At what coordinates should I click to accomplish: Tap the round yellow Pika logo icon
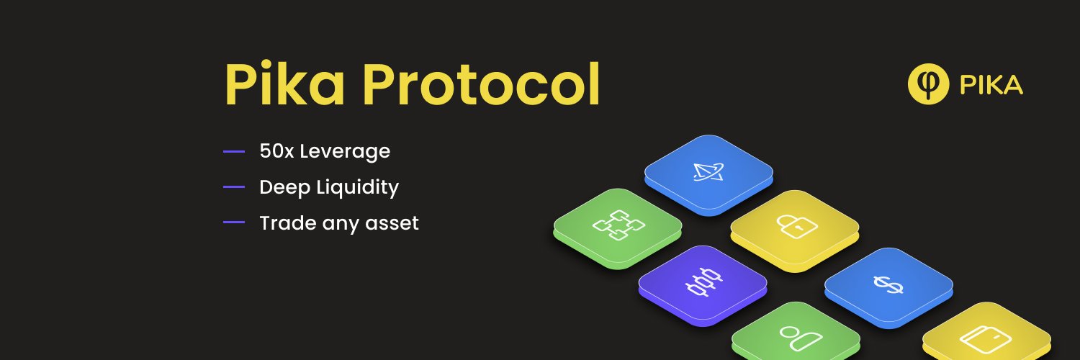928,84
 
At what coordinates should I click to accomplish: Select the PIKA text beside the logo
991,85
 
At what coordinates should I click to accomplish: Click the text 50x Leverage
325,151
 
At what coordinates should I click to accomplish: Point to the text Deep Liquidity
329,187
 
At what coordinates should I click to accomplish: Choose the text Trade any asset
339,223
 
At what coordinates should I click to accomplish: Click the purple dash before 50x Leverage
234,151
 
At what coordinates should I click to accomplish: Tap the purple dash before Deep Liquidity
234,187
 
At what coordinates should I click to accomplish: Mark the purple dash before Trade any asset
234,222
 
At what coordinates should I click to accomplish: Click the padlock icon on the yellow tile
796,226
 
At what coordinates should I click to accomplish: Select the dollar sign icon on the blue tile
888,284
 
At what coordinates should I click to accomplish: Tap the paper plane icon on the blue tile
708,171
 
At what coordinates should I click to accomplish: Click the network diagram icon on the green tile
618,225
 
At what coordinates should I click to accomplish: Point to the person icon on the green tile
801,338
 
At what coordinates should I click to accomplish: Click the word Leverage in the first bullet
345,151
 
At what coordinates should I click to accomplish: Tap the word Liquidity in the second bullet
357,187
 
